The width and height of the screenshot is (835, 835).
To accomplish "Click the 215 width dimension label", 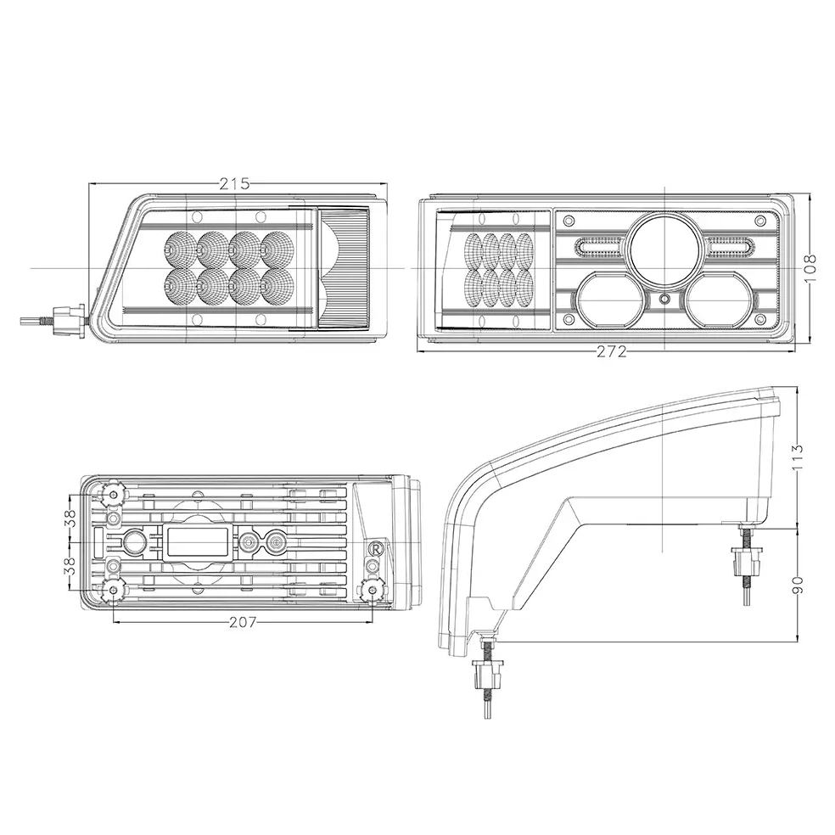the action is point(234,184).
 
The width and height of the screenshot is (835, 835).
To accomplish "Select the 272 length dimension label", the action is point(611,351).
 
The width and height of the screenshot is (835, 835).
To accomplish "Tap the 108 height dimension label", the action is point(810,268).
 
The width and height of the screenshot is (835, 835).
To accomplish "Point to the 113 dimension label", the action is point(798,456).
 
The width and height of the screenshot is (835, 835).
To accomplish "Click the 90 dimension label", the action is point(798,583).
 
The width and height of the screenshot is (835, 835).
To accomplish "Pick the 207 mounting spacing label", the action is point(243,621).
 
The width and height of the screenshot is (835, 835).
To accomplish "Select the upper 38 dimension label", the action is point(70,518).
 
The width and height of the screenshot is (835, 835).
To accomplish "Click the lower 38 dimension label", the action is point(70,565).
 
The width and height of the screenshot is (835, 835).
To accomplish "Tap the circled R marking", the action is point(375,548).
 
